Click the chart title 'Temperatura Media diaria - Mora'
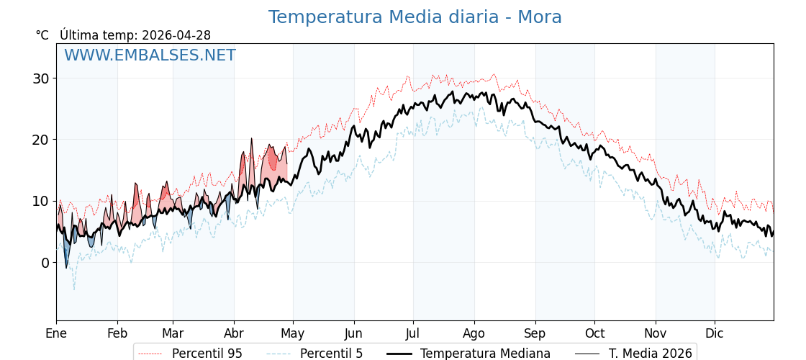coord(415,17)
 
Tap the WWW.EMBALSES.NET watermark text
coord(150,55)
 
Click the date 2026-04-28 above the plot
coord(176,35)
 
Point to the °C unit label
coord(42,35)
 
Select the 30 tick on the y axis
coord(40,78)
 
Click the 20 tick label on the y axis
coord(40,140)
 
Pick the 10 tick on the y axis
coord(40,201)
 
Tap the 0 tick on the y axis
coord(45,263)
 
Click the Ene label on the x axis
coord(56,333)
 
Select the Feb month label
coord(117,333)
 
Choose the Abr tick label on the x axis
coord(234,333)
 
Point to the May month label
coord(293,333)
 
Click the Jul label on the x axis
coord(413,333)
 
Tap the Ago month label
coord(474,333)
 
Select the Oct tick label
coord(594,333)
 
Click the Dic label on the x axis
coord(715,333)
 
